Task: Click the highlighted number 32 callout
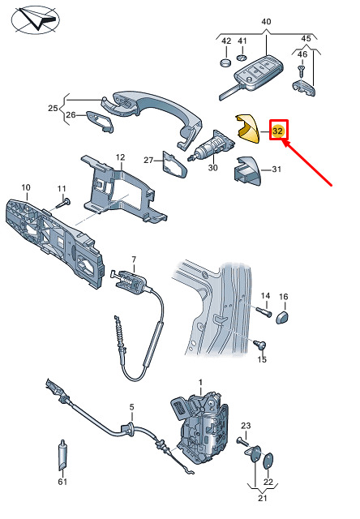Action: [x=277, y=131]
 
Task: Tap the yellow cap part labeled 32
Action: [x=247, y=129]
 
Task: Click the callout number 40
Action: [x=266, y=22]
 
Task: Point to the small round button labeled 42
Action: [x=226, y=62]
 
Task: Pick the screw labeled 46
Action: [x=301, y=71]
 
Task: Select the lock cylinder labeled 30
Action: [x=212, y=146]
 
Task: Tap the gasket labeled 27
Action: [x=174, y=165]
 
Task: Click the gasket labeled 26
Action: [x=101, y=122]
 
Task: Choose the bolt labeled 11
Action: [x=63, y=204]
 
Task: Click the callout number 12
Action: [x=121, y=157]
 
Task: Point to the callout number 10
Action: [x=26, y=187]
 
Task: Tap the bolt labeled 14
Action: [x=264, y=311]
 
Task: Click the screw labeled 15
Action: [x=260, y=344]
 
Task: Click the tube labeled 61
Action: [x=63, y=456]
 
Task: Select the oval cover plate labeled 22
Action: [x=268, y=461]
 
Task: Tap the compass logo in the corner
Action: [x=36, y=19]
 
